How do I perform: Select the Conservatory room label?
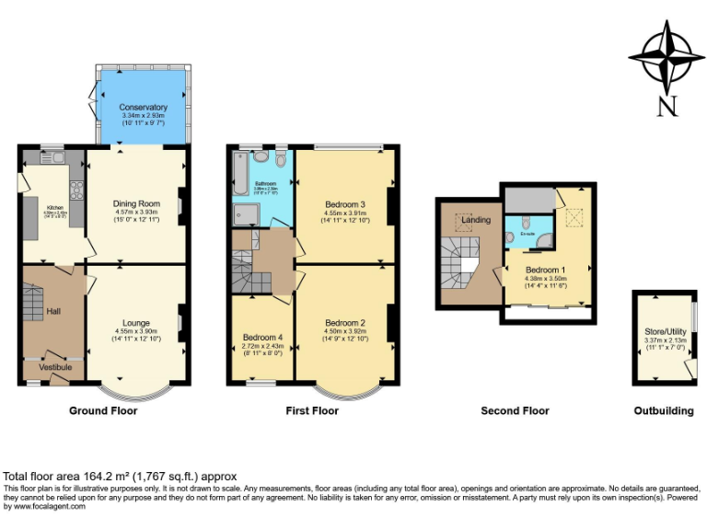pyautogui.click(x=143, y=107)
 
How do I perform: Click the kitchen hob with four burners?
pyautogui.click(x=75, y=192)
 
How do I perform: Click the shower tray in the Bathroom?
pyautogui.click(x=248, y=213)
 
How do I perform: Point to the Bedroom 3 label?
pyautogui.click(x=345, y=203)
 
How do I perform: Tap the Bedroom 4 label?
pyautogui.click(x=261, y=338)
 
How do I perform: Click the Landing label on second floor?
pyautogui.click(x=476, y=220)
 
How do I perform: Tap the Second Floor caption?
pyautogui.click(x=515, y=411)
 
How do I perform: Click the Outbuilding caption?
pyautogui.click(x=664, y=411)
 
